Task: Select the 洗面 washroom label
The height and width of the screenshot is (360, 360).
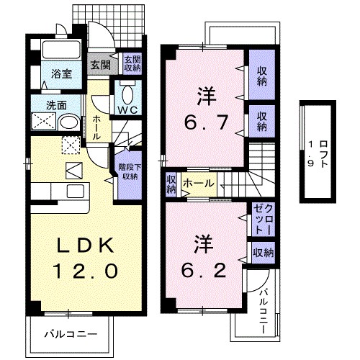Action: point(56,105)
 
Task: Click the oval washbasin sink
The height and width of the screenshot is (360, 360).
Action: point(68,122)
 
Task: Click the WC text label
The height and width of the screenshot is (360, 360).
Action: point(129,110)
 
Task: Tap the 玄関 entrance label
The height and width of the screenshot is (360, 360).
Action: point(99,63)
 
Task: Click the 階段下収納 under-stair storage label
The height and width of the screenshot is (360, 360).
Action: point(129,171)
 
